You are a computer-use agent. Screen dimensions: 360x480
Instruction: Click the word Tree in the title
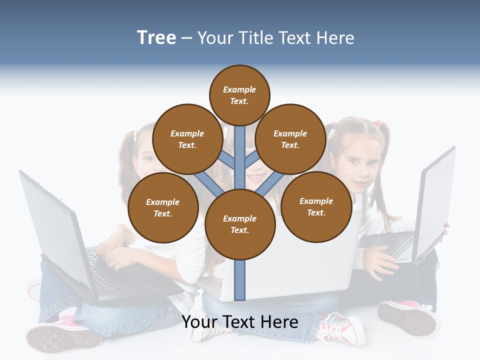[x=156, y=37]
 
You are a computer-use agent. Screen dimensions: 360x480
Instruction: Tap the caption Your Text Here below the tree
[x=239, y=322]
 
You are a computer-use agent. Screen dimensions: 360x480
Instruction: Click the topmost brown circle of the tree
[x=239, y=95]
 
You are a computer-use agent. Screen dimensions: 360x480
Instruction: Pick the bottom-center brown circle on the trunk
[x=240, y=224]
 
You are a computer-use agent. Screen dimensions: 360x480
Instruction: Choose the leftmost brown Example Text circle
[x=163, y=208]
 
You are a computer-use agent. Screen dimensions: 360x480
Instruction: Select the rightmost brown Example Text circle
[x=316, y=206]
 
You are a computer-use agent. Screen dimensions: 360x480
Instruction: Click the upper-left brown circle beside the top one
[x=187, y=139]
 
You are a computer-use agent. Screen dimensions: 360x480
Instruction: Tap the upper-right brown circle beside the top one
[x=290, y=139]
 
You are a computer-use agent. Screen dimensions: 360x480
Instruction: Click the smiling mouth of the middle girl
[x=256, y=176]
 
